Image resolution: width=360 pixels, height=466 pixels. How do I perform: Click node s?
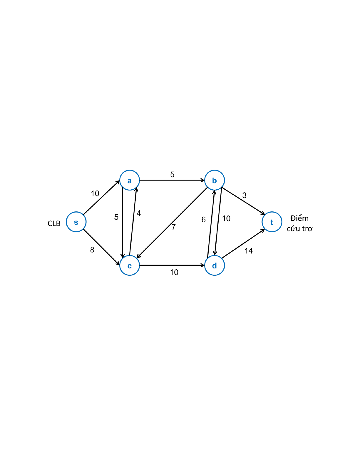[x=76, y=222]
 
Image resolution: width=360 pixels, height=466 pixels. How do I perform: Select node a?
[x=130, y=180]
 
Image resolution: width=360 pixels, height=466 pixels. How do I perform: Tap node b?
[x=215, y=180]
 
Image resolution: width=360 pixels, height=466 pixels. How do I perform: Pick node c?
[x=130, y=265]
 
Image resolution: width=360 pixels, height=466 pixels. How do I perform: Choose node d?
[x=215, y=265]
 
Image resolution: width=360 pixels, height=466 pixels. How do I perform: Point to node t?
[x=272, y=222]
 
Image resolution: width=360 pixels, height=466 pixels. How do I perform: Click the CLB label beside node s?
[x=54, y=223]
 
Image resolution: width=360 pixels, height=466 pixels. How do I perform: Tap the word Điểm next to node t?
[x=299, y=218]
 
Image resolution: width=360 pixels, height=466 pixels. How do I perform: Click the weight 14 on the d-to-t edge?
[x=249, y=251]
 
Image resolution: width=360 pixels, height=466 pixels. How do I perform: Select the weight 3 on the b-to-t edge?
[x=244, y=195]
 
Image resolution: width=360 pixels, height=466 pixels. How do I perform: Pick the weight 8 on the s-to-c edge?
[x=92, y=250]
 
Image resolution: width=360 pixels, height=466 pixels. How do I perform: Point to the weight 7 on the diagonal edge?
[x=174, y=227]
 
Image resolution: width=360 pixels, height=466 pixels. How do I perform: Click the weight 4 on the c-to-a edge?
[x=139, y=213]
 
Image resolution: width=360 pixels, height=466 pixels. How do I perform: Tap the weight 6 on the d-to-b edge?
[x=204, y=220]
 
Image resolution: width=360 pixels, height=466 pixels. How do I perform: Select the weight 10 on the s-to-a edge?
[x=95, y=193]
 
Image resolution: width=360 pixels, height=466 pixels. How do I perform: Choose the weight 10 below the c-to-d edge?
[x=174, y=272]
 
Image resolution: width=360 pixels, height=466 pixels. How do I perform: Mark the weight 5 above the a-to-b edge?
[x=172, y=175]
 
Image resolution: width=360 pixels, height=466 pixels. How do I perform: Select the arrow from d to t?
[x=243, y=244]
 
